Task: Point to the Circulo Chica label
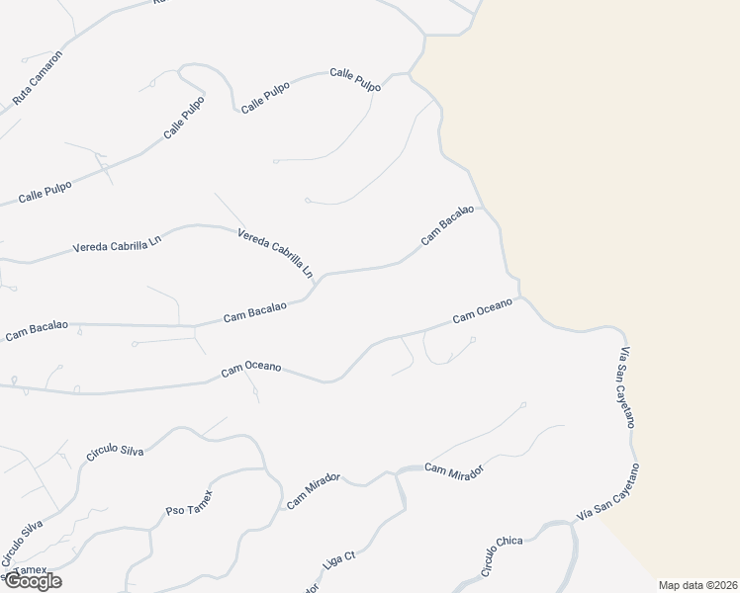tap(502, 557)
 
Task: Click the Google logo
tap(33, 581)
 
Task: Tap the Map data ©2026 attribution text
tap(698, 585)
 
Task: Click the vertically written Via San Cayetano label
tap(626, 387)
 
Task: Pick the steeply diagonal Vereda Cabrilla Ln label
tap(276, 252)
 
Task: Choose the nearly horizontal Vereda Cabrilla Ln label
tap(116, 246)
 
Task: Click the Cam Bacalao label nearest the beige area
tap(447, 224)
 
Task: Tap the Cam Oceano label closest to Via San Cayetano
tap(482, 311)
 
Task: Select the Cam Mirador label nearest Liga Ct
tap(314, 490)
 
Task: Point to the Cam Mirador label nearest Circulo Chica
tap(456, 471)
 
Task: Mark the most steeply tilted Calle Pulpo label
tap(184, 119)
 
